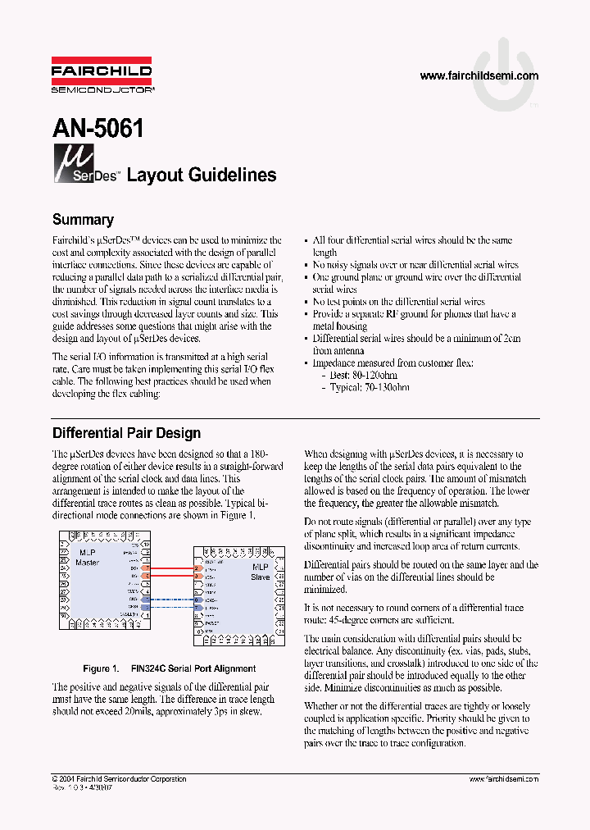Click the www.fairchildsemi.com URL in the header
coord(479,75)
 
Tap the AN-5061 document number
coord(98,128)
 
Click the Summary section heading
coord(83,220)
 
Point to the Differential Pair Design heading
coord(126,432)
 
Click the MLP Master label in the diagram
coord(87,557)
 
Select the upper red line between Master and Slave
coord(172,568)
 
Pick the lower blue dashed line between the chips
coord(172,608)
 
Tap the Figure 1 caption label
coord(102,668)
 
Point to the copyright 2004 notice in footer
coord(118,779)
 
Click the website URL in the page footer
coord(503,779)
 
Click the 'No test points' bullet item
coord(399,302)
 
